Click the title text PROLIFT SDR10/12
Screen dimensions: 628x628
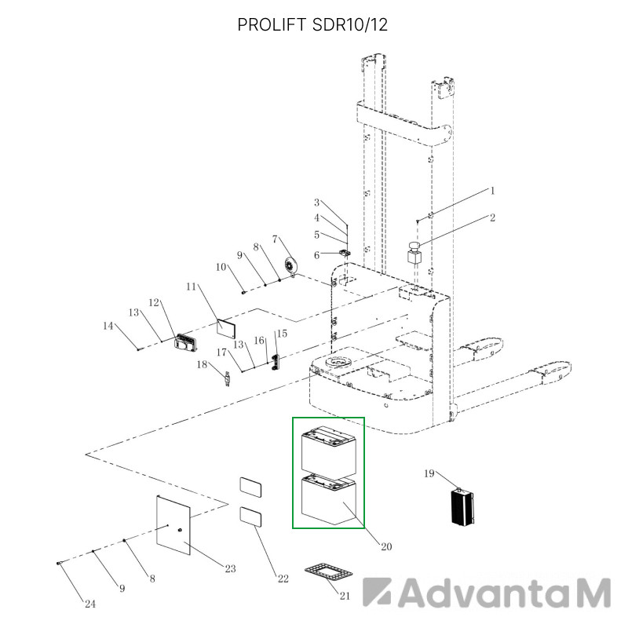pyautogui.click(x=312, y=25)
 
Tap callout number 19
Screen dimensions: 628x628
pyautogui.click(x=429, y=474)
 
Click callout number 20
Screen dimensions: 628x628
pyautogui.click(x=386, y=546)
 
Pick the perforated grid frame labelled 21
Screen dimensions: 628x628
pyautogui.click(x=328, y=571)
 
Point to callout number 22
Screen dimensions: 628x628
pyautogui.click(x=283, y=579)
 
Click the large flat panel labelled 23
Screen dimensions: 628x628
pyautogui.click(x=173, y=525)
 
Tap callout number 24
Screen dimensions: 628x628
pyautogui.click(x=90, y=604)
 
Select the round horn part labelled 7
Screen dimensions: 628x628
pyautogui.click(x=290, y=266)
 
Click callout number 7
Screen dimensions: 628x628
pyautogui.click(x=275, y=239)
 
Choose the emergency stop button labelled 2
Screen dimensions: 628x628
pyautogui.click(x=414, y=253)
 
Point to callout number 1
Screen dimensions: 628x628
pyautogui.click(x=493, y=191)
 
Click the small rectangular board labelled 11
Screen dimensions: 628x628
pyautogui.click(x=226, y=328)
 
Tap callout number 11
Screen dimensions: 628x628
pyautogui.click(x=191, y=287)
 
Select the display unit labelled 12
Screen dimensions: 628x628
pyautogui.click(x=186, y=343)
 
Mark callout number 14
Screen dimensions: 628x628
pyautogui.click(x=108, y=326)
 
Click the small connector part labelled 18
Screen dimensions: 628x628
pyautogui.click(x=228, y=379)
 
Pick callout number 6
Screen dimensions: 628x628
pyautogui.click(x=317, y=256)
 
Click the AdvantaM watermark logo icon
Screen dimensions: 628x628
pyautogui.click(x=377, y=592)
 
